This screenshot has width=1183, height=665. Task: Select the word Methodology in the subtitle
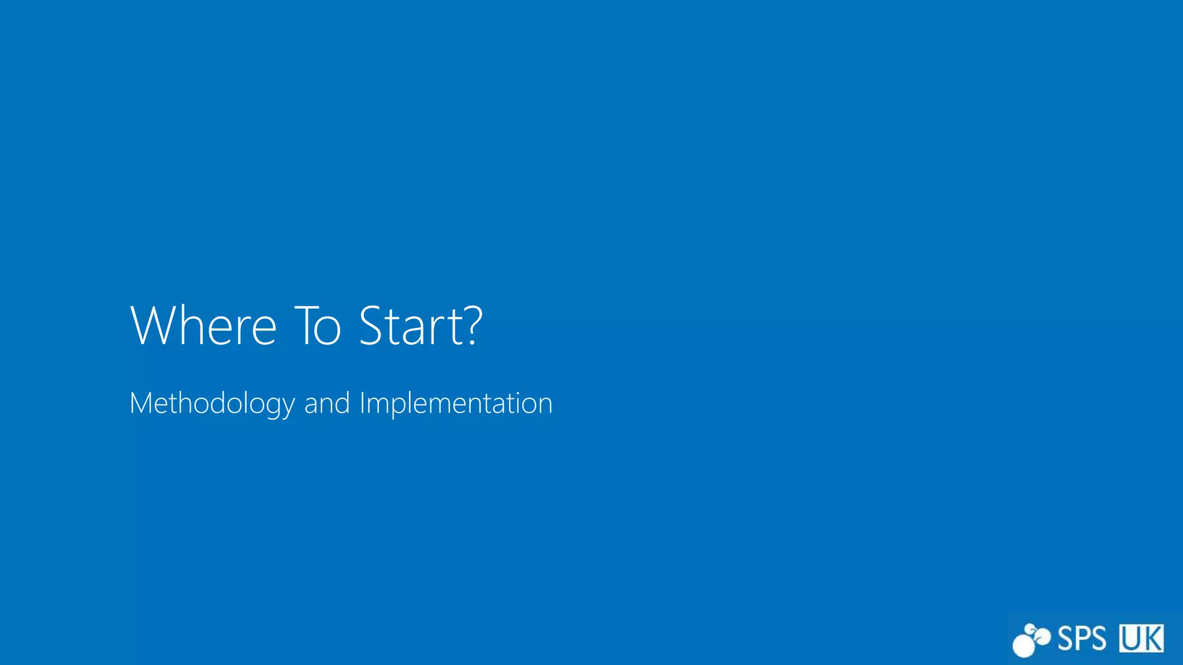tap(212, 403)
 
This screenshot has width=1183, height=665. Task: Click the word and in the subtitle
tap(327, 403)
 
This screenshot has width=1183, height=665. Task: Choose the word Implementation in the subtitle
tap(456, 403)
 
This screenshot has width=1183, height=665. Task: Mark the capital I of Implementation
tap(362, 403)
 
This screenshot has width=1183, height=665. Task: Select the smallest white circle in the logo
tap(1029, 629)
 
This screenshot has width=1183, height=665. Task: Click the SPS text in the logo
tap(1081, 638)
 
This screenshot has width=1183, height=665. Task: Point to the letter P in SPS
tap(1082, 638)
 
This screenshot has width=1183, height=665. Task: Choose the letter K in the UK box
tap(1152, 638)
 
